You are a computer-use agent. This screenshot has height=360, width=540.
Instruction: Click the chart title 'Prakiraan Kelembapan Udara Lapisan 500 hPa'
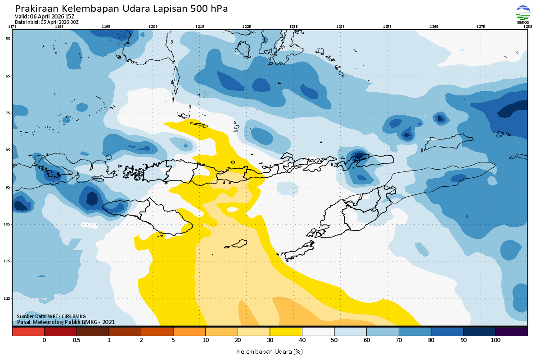[x=121, y=9]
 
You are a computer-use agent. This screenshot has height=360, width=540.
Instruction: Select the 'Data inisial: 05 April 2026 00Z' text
[x=46, y=22]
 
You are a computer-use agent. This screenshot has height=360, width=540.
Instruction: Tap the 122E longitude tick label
[x=246, y=27]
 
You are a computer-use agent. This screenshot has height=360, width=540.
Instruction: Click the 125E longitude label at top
[x=387, y=27]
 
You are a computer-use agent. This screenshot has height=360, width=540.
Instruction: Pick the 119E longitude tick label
[x=106, y=27]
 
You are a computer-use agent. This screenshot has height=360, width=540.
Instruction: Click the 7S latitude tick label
[x=8, y=113]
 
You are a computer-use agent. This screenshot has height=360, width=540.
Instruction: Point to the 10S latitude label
[x=8, y=224]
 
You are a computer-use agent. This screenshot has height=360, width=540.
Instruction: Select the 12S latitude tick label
[x=8, y=298]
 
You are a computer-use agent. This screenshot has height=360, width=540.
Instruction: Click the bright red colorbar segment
[x=28, y=332]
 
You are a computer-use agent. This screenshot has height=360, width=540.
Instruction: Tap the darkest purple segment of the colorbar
[x=511, y=332]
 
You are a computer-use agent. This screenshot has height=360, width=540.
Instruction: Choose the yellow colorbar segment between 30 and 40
[x=286, y=332]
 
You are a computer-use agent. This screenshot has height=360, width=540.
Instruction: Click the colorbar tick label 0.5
[x=76, y=340]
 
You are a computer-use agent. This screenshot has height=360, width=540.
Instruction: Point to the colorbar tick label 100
[x=495, y=340]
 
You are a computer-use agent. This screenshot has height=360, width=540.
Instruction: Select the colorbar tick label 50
[x=334, y=340]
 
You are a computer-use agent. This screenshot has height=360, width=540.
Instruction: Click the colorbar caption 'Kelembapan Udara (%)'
[x=270, y=351]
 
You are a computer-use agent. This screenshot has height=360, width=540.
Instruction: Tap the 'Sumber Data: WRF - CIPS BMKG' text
[x=51, y=316]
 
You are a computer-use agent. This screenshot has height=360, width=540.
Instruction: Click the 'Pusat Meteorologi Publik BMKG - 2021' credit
[x=66, y=322]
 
